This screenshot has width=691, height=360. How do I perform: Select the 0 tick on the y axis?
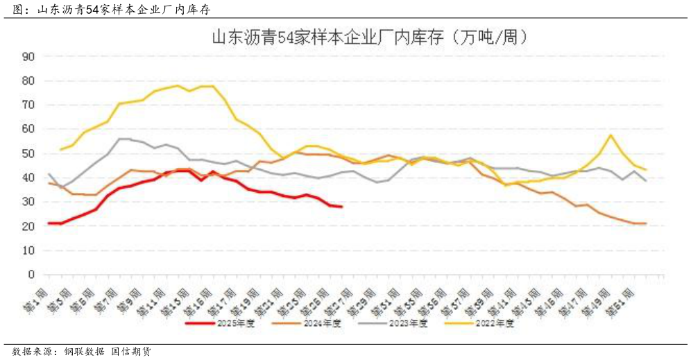pos(31,275)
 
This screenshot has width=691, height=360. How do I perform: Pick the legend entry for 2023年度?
pos(409,323)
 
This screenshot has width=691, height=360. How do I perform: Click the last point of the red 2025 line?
pos(341,206)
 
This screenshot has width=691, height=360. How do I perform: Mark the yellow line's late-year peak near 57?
pos(610,135)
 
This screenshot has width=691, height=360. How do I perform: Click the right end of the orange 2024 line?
pos(646,223)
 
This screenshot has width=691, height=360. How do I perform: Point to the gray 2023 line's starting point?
pos(49,174)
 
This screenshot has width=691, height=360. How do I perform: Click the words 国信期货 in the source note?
pos(132,352)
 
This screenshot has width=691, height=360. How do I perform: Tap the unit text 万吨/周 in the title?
pos(493,37)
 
